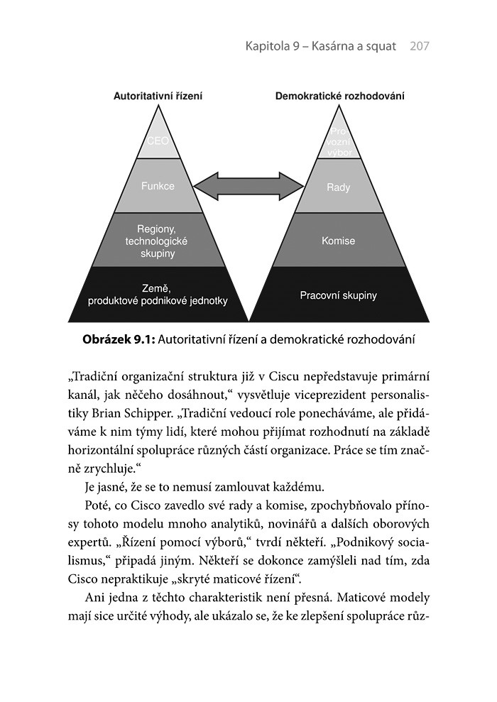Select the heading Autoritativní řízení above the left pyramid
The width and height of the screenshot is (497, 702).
tap(158, 97)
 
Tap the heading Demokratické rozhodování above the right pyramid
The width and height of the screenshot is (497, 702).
tap(340, 97)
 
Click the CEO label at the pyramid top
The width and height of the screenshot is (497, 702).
tap(158, 141)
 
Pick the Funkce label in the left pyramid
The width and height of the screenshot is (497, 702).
tap(158, 187)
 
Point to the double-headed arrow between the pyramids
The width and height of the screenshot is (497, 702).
tap(248, 187)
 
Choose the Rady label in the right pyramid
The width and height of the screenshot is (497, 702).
tap(339, 188)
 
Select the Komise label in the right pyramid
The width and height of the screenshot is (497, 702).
tap(339, 241)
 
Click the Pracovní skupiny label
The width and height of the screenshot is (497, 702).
tap(339, 295)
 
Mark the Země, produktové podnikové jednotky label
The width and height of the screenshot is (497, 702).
tap(158, 295)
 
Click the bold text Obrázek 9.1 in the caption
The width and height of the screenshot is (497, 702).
tap(119, 340)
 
